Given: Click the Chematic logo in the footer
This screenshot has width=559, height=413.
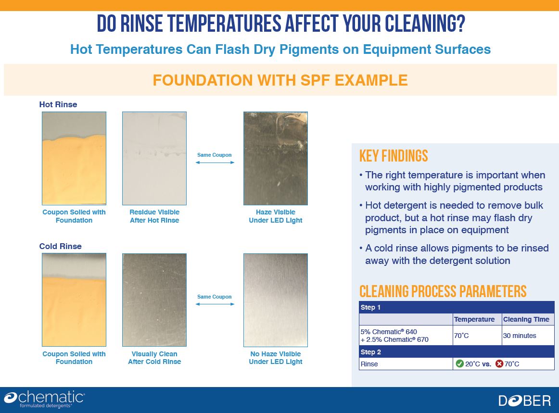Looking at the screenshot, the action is tap(44, 399).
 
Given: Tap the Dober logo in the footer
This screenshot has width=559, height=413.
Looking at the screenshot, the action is tap(524, 401).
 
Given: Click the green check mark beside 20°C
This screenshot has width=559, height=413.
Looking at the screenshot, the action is tap(459, 363).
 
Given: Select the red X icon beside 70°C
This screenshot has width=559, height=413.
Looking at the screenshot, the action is tap(499, 363).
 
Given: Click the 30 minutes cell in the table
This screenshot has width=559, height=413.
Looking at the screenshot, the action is tap(520, 336).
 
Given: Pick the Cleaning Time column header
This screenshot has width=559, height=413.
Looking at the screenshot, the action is tap(526, 319).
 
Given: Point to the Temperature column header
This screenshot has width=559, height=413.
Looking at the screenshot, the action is tap(474, 319).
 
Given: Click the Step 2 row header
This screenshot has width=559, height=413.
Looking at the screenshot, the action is tap(371, 352).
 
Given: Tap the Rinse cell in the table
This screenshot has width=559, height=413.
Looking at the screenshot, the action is tap(369, 364).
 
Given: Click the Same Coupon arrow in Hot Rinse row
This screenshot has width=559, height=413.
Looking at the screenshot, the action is tap(215, 163).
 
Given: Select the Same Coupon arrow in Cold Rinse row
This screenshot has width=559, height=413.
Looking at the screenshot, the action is tap(215, 304).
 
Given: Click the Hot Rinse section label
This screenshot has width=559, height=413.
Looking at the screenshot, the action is tap(58, 104).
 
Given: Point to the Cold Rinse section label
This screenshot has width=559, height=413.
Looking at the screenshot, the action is tap(60, 246).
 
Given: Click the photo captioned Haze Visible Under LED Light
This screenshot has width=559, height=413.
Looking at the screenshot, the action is tap(276, 159).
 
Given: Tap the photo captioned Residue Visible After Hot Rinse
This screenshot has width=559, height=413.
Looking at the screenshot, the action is tap(154, 159).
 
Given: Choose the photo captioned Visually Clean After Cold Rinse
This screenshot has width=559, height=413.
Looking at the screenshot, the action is tap(154, 300).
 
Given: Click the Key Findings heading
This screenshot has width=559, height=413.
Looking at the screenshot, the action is tap(394, 156).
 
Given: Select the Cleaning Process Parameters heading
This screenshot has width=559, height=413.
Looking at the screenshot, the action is tap(443, 291).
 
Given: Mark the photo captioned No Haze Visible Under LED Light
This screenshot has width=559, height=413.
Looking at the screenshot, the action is tap(276, 300).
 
